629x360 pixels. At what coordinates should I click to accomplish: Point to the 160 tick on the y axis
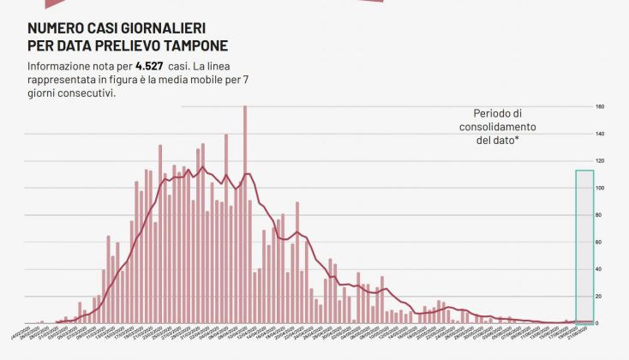tap(600, 107)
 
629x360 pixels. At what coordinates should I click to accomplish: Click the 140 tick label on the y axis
tap(600, 135)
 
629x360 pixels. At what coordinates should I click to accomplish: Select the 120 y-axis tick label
tap(600, 161)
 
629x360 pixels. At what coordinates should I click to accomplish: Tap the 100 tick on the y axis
tap(600, 189)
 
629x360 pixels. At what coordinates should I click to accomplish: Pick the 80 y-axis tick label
tap(600, 215)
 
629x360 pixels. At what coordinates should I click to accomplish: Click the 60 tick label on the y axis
tap(600, 243)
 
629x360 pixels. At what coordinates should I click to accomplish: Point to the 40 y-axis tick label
tap(600, 269)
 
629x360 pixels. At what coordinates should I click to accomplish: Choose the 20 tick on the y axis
tap(600, 297)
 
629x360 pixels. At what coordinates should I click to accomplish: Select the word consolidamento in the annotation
tap(498, 127)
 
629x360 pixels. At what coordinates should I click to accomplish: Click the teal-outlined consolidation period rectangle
tap(584, 244)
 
